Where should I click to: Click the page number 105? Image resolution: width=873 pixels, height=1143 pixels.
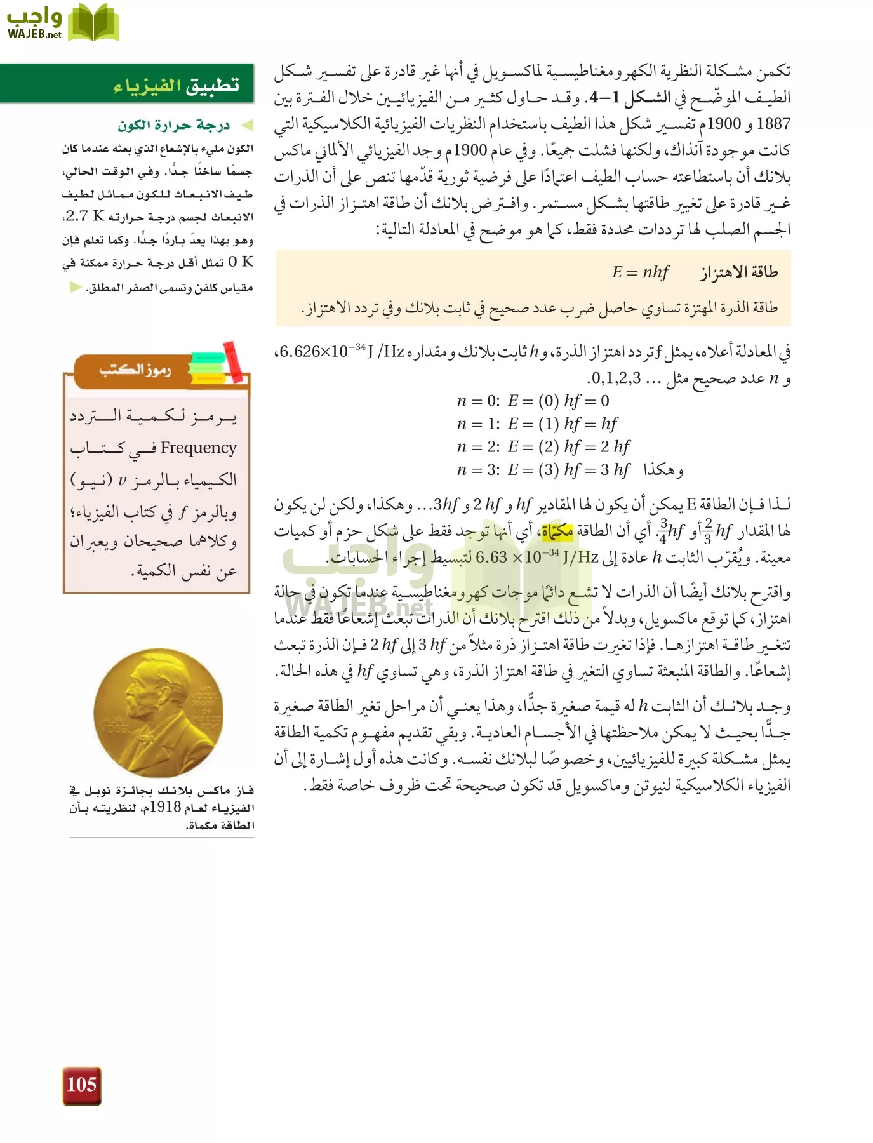point(81,1085)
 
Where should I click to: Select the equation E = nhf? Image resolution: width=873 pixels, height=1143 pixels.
point(639,272)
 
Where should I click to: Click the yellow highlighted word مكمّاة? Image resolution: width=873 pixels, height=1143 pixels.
point(557,531)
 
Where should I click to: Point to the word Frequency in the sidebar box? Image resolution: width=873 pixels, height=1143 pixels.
point(198,448)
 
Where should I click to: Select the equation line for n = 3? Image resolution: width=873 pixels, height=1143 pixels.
point(543,469)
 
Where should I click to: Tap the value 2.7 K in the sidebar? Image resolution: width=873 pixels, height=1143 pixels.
point(84,217)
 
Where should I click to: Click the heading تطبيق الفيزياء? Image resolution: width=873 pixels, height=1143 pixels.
point(176,84)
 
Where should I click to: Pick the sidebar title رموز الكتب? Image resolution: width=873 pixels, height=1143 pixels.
point(135,370)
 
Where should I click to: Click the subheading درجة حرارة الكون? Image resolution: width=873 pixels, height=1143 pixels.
point(173,125)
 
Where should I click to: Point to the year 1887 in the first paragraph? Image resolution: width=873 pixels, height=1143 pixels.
point(774,124)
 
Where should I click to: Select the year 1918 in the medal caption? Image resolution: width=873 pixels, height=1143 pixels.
point(166,808)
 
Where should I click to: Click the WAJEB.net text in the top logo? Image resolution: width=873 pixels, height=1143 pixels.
point(34,35)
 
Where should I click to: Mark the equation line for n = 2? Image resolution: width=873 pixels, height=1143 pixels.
point(543,446)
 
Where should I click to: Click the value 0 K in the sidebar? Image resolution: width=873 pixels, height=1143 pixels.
point(241,262)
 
